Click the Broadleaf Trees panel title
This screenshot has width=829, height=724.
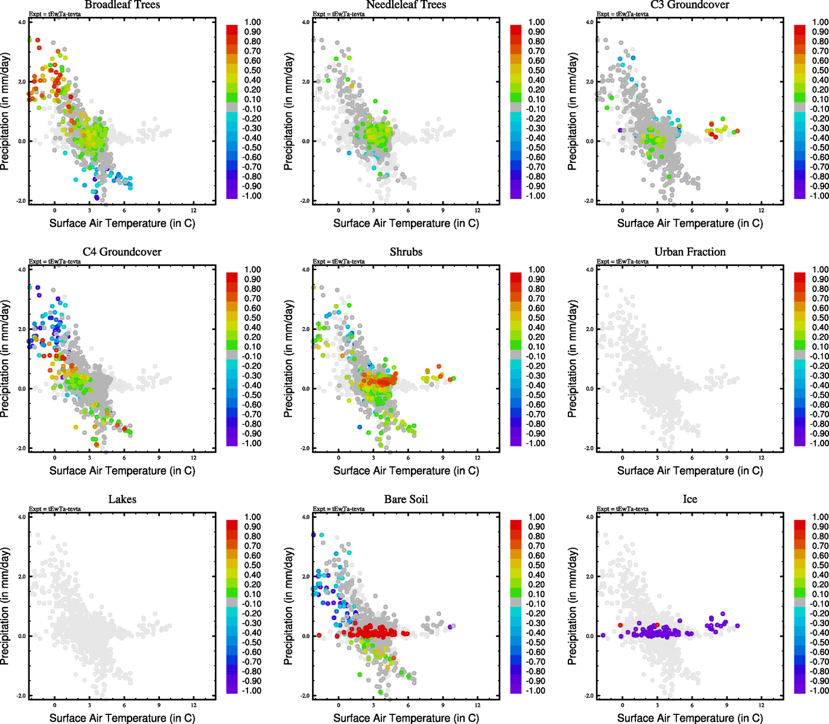click(x=122, y=5)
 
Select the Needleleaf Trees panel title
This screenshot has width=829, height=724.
click(x=406, y=5)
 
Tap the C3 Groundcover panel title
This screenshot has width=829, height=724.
click(x=690, y=5)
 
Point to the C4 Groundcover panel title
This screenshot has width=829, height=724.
click(x=122, y=252)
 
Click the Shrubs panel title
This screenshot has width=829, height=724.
click(x=406, y=252)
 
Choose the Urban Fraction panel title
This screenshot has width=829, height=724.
click(x=690, y=252)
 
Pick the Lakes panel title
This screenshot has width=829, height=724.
click(x=122, y=499)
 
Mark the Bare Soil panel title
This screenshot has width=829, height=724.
click(x=406, y=499)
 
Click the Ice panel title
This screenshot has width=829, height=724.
click(x=690, y=499)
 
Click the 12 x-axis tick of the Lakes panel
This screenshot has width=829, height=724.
click(x=194, y=705)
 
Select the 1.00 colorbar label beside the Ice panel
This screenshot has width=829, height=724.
click(x=820, y=517)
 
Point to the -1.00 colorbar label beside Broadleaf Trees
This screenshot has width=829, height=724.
click(x=252, y=196)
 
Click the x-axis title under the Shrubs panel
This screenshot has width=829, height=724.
click(x=406, y=471)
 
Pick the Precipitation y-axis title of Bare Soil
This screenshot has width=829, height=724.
click(x=289, y=606)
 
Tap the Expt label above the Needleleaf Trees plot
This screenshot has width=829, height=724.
click(x=338, y=14)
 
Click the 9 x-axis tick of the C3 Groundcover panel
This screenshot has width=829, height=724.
click(x=727, y=210)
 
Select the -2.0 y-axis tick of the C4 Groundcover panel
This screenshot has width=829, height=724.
click(x=22, y=448)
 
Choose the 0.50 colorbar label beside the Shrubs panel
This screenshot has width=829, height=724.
click(x=536, y=318)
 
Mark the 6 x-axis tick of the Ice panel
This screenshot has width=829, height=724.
click(x=692, y=705)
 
